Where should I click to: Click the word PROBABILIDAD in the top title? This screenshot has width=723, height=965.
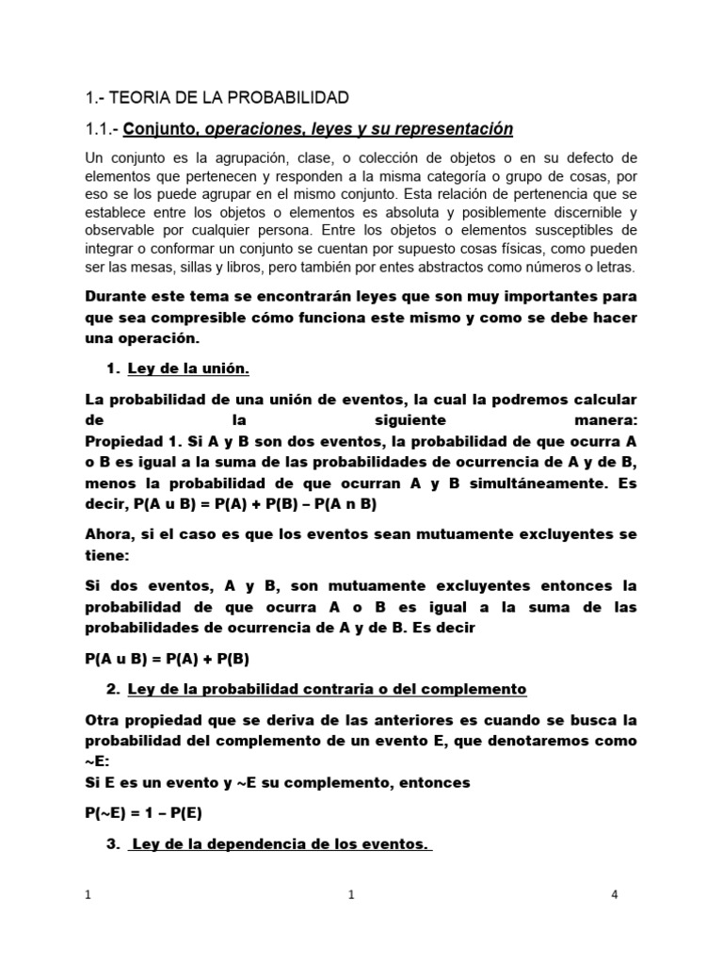point(286,97)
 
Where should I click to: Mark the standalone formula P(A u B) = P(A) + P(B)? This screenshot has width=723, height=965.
point(166,660)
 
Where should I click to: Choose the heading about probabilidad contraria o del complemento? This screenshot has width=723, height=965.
point(326,689)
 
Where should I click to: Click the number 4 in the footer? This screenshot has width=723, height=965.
point(614,895)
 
